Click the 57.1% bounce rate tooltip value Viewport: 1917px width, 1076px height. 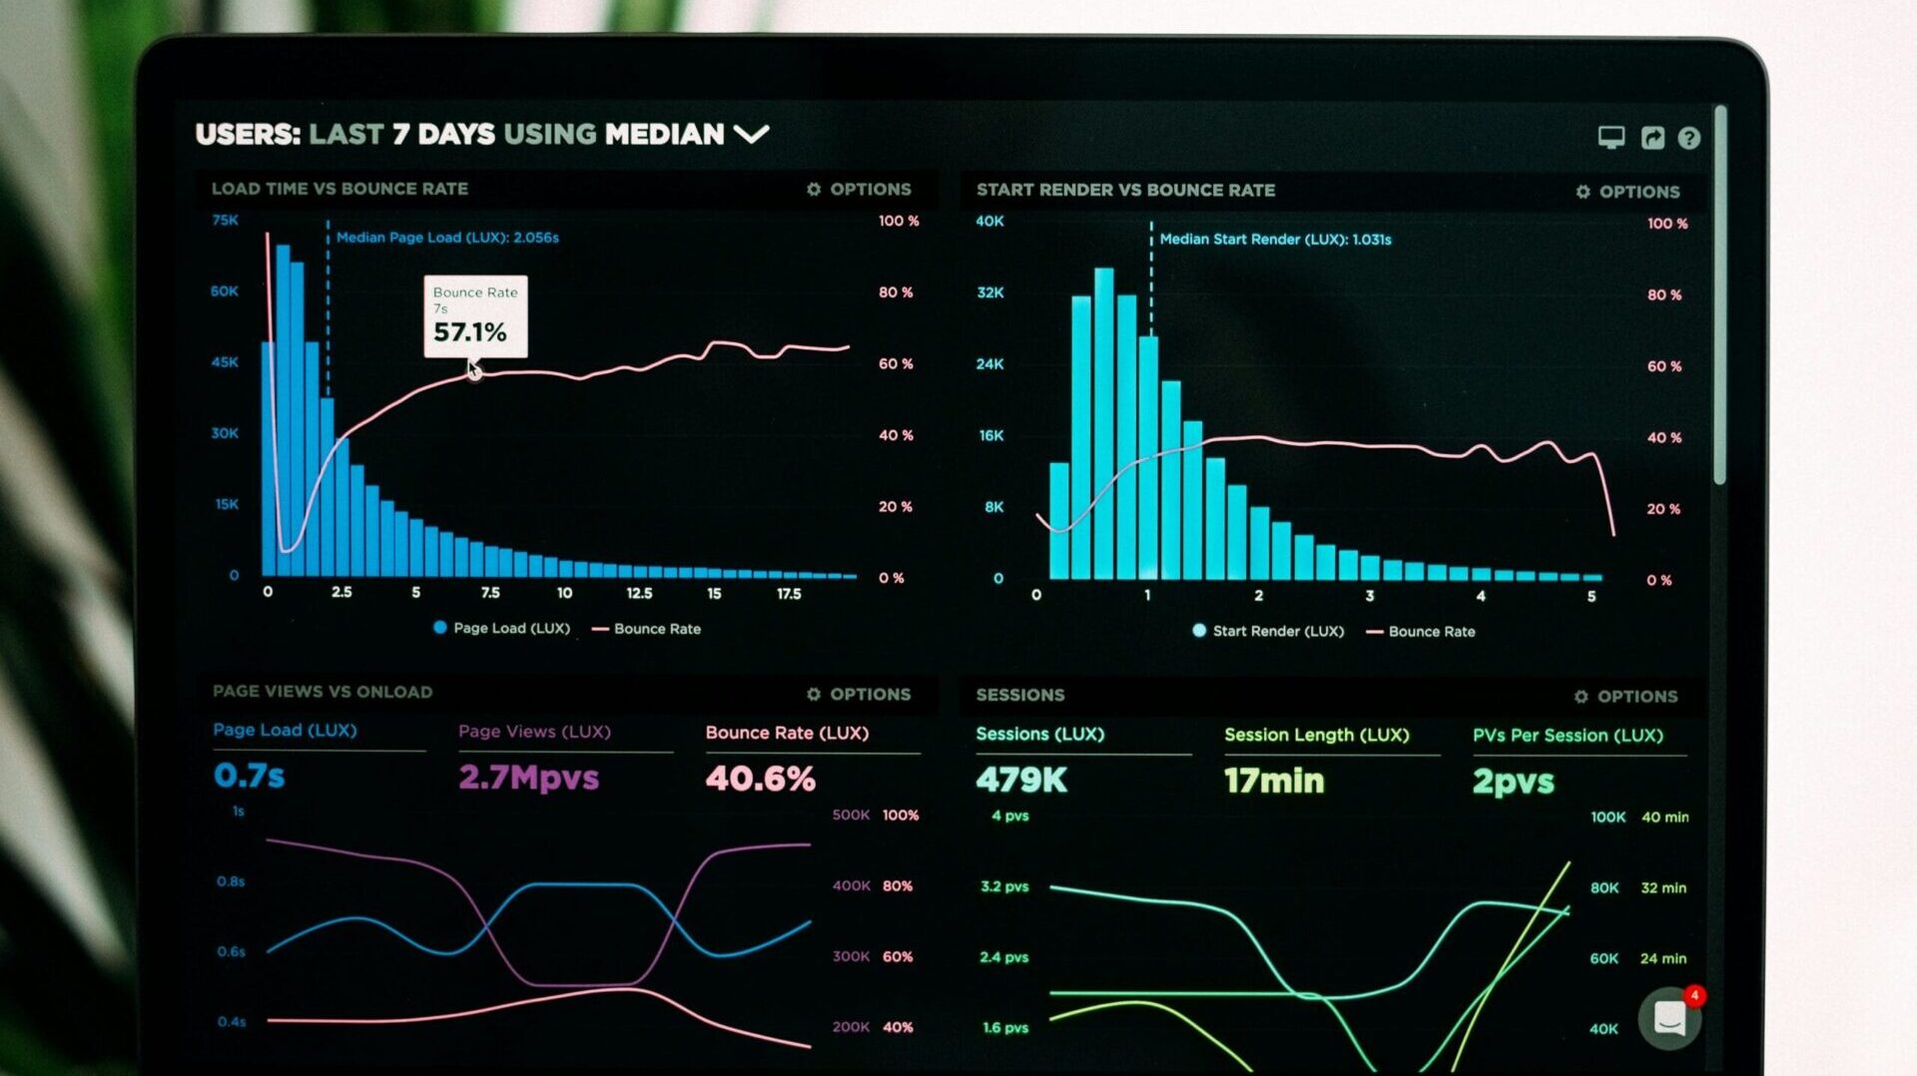coord(469,332)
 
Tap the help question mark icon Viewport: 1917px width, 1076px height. coord(1688,139)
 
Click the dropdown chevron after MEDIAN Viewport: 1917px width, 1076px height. coord(751,134)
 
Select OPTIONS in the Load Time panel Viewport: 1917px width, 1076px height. coord(859,190)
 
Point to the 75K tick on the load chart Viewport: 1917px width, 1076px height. coord(225,221)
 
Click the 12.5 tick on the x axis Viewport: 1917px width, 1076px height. coord(639,594)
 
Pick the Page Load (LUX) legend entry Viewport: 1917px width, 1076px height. coord(502,629)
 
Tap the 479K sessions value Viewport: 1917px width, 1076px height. coord(1020,781)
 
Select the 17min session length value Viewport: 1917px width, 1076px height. coord(1273,781)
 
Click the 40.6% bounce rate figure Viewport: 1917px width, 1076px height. coord(760,779)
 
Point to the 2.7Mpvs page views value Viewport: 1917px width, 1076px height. coord(528,778)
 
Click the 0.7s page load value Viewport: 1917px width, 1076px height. coord(249,776)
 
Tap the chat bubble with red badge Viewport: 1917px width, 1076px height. coord(1669,1019)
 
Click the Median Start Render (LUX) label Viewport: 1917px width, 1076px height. coord(1275,240)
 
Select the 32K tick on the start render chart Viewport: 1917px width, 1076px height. coord(989,292)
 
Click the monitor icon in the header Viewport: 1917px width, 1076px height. coord(1610,138)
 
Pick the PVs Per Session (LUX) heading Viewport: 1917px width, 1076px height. coord(1568,736)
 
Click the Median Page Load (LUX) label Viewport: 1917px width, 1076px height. coord(447,238)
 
